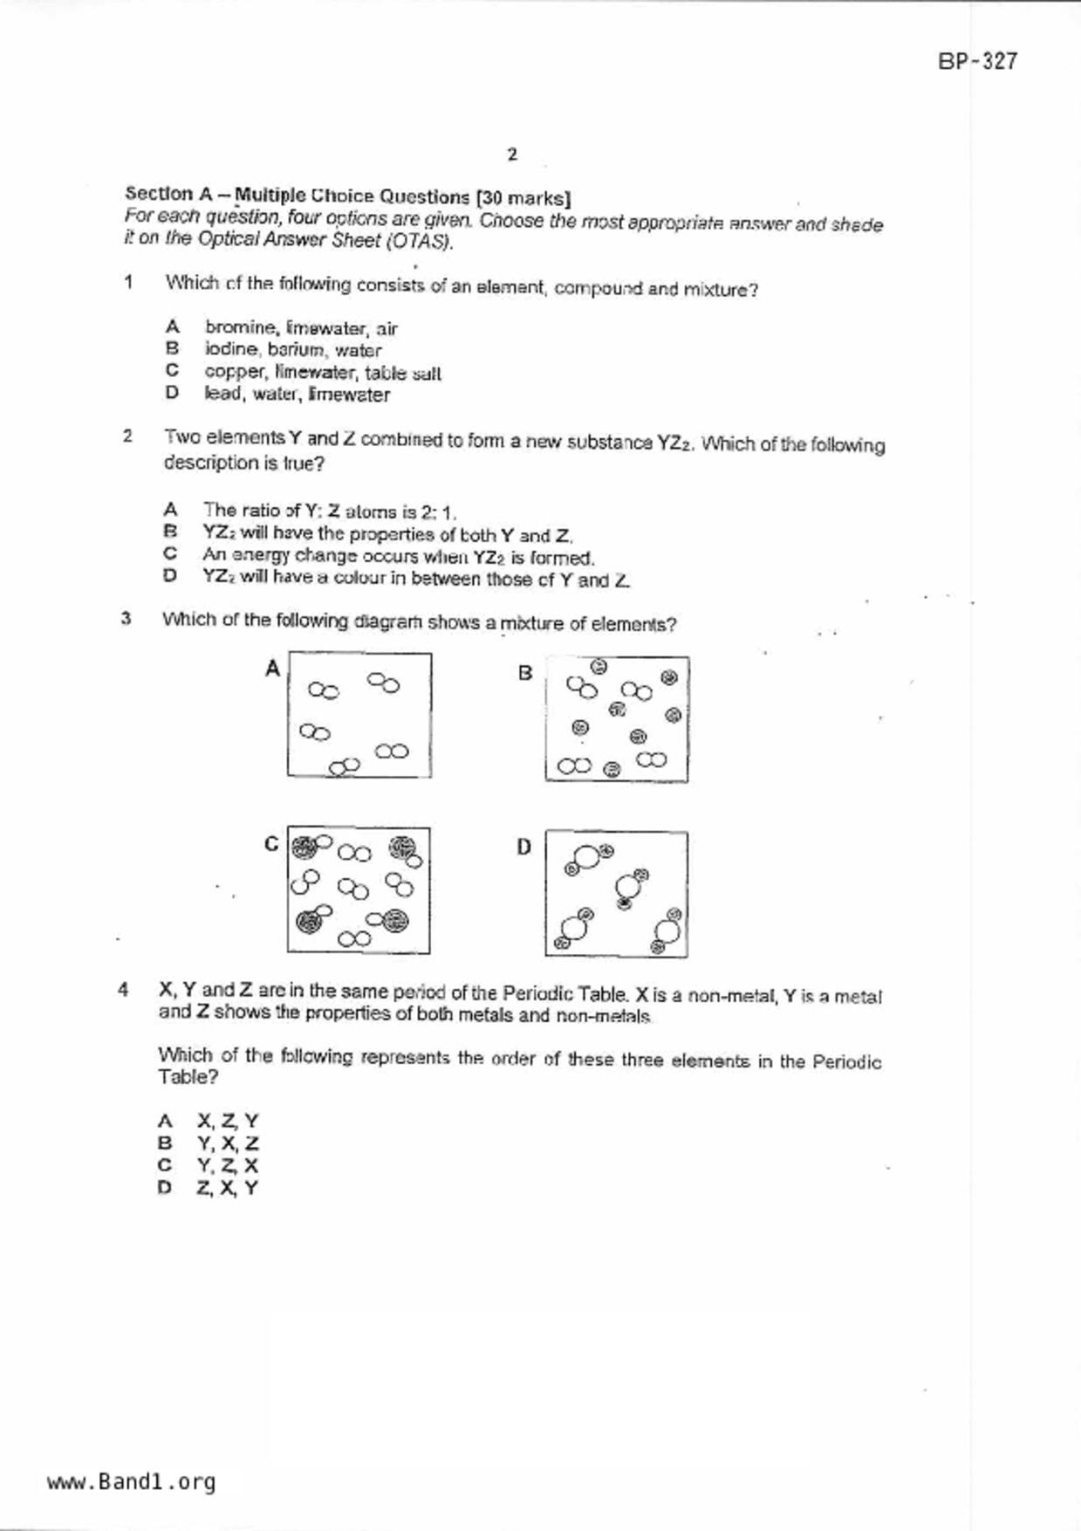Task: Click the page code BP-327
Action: [977, 61]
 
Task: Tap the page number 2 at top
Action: [512, 154]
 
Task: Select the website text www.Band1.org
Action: [131, 1481]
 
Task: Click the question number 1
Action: [128, 282]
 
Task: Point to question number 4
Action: [124, 990]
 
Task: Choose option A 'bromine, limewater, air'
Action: [301, 328]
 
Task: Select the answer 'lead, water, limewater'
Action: [297, 395]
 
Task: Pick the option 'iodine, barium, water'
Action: [293, 350]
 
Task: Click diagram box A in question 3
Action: [359, 715]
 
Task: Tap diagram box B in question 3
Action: [616, 719]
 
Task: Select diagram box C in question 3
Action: [359, 890]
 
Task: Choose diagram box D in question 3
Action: [616, 894]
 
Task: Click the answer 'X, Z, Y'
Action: [228, 1121]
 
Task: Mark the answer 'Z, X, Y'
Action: [227, 1188]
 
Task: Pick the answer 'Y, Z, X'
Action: [227, 1165]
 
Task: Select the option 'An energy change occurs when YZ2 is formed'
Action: [398, 556]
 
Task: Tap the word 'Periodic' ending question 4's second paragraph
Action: [846, 1062]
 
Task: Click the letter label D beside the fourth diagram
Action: [523, 847]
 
